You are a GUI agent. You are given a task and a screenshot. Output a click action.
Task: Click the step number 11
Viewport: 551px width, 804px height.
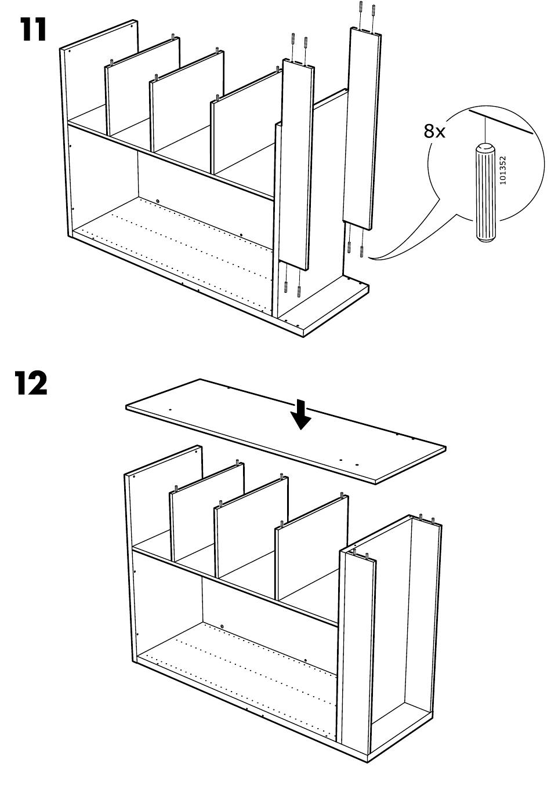point(33,30)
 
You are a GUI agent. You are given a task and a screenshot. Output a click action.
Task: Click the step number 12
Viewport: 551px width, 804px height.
point(31,384)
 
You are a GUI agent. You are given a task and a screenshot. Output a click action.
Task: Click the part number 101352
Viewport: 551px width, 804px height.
point(503,169)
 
